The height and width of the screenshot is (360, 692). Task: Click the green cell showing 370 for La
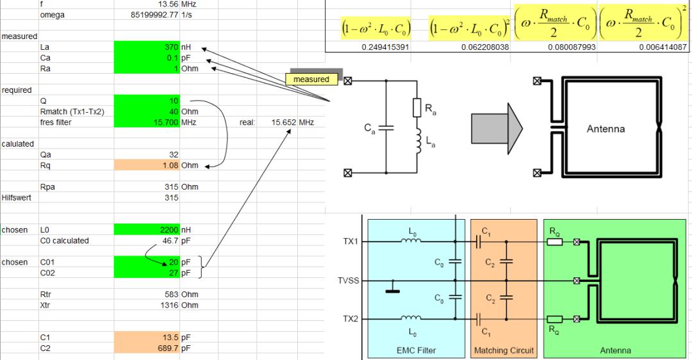pyautogui.click(x=147, y=47)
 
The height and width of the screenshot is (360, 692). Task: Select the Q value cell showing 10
pyautogui.click(x=147, y=101)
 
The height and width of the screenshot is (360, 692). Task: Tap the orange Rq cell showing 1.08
pyautogui.click(x=147, y=165)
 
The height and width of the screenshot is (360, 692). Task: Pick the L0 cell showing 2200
pyautogui.click(x=147, y=229)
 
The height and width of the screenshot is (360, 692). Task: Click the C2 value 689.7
pyautogui.click(x=147, y=348)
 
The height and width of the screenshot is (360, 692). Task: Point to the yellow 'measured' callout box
pyautogui.click(x=311, y=79)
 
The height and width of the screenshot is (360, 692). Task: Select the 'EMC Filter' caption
pyautogui.click(x=416, y=350)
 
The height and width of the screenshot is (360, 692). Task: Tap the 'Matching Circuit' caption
pyautogui.click(x=504, y=350)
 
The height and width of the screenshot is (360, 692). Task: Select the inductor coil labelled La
pyautogui.click(x=419, y=144)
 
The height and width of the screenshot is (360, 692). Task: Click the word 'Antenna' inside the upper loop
pyautogui.click(x=605, y=129)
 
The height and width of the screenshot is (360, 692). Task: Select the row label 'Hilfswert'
pyautogui.click(x=17, y=198)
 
